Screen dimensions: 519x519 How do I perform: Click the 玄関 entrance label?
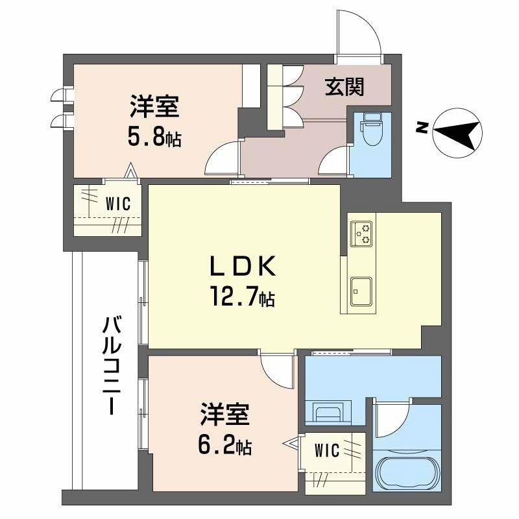pos(344,86)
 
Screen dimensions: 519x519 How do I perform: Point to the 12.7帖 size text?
pos(241,298)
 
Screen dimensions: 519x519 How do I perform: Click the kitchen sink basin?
pos(361,289)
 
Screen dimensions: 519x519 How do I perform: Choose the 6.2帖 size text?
pos(224,446)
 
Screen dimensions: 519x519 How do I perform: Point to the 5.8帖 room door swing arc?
pos(223,159)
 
